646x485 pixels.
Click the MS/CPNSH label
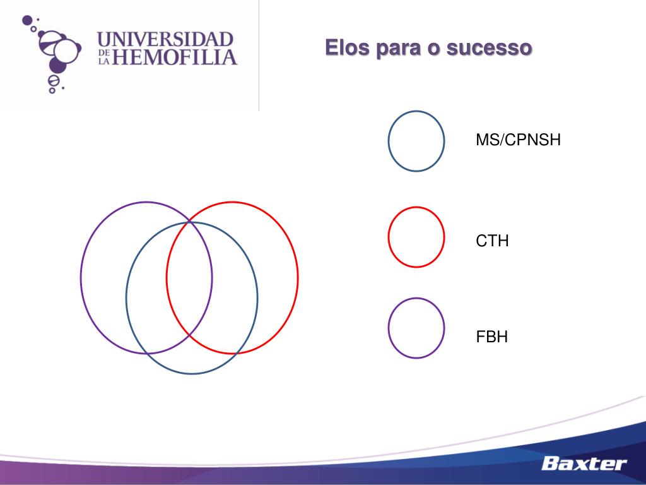[x=518, y=140]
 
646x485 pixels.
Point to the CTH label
[x=492, y=241]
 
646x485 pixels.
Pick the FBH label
[x=491, y=337]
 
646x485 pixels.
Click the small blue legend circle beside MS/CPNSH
[x=416, y=141]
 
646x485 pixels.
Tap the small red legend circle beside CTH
[x=416, y=237]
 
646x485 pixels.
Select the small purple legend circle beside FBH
[x=416, y=328]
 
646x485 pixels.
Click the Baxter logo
[x=584, y=464]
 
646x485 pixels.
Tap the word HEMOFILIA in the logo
[x=175, y=58]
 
